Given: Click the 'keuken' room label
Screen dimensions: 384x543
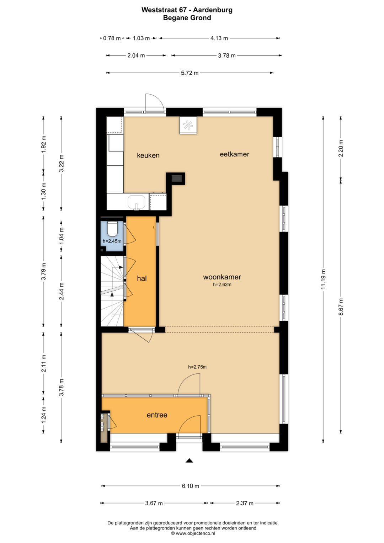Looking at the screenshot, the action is click(148, 155).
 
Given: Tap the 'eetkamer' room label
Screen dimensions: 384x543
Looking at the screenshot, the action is click(234, 154).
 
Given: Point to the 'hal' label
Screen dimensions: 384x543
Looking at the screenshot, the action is click(142, 278).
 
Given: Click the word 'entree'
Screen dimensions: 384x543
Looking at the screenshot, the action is click(157, 415).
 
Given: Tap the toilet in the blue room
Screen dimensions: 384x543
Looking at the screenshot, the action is click(112, 229).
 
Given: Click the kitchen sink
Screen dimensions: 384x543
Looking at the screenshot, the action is click(137, 202).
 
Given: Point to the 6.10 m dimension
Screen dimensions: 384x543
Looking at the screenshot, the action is click(191, 486).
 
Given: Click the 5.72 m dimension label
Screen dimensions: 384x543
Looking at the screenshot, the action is click(190, 73).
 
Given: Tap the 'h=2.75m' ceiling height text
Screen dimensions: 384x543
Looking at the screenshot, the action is click(197, 367).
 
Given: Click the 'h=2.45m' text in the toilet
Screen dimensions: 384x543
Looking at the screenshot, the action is click(112, 241).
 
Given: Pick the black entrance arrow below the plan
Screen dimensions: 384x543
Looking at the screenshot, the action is click(189, 461).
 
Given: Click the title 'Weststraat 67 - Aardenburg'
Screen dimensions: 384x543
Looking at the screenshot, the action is click(187, 10).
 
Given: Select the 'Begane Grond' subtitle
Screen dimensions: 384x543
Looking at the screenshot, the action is click(187, 18).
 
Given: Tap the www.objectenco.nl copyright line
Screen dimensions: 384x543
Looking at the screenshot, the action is click(193, 533).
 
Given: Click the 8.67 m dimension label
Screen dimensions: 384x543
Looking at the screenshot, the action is click(341, 307).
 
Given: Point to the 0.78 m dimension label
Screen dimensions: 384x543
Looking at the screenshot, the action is click(112, 38).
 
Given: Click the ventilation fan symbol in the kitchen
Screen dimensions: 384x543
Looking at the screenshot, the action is click(188, 125).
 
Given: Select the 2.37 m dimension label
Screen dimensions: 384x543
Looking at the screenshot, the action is click(245, 504).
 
